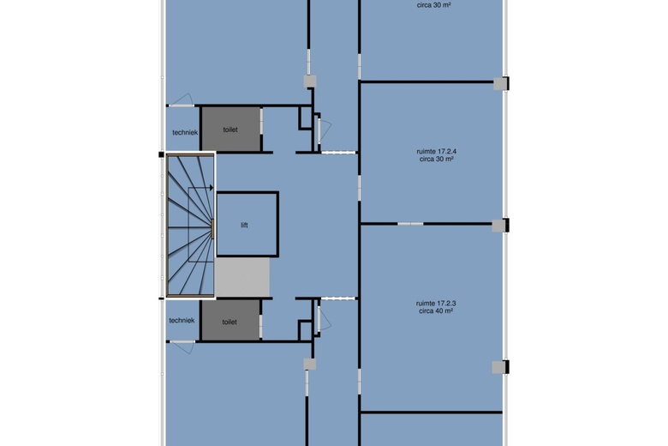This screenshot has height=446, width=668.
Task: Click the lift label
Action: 244,225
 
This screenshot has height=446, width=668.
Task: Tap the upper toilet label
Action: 230,130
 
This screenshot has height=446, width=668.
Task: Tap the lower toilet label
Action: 230,322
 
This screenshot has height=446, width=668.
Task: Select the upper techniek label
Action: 185,132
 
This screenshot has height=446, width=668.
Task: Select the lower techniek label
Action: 182,320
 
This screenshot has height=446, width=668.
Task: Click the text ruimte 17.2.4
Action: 436,151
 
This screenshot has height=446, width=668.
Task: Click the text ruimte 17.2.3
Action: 436,303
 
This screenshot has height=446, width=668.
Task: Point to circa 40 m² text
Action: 436,310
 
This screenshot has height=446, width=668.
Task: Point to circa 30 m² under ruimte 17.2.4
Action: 436,159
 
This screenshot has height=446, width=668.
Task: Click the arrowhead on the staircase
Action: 212,187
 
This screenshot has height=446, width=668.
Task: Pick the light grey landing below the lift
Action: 242,276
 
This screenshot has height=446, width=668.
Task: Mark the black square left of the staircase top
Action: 161,154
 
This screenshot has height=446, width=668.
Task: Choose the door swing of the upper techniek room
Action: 182,99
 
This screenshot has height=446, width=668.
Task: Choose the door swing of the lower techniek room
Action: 183,347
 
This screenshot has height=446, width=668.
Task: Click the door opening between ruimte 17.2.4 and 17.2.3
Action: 410,224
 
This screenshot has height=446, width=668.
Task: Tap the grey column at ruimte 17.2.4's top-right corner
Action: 500,84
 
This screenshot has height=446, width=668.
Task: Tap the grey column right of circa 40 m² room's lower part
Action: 499,367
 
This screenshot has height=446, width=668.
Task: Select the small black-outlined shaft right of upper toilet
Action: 305,118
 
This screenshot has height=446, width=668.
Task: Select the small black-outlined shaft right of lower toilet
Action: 305,330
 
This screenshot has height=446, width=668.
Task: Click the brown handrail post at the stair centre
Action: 212,228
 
